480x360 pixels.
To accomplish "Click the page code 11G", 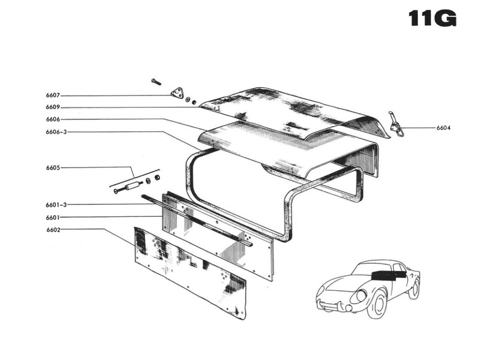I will [432, 18].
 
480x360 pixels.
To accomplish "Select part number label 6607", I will [52, 95].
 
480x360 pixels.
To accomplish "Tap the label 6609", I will [52, 107].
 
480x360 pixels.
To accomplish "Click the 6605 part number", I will [52, 167].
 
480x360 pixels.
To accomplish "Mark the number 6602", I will [53, 230].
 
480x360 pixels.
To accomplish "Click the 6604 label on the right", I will [443, 127].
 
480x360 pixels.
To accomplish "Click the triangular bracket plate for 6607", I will [177, 94].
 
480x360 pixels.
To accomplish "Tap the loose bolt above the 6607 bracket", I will [156, 82].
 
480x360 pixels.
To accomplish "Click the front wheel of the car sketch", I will [377, 303].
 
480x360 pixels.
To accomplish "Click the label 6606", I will [52, 120].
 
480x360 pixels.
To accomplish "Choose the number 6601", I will [52, 217].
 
